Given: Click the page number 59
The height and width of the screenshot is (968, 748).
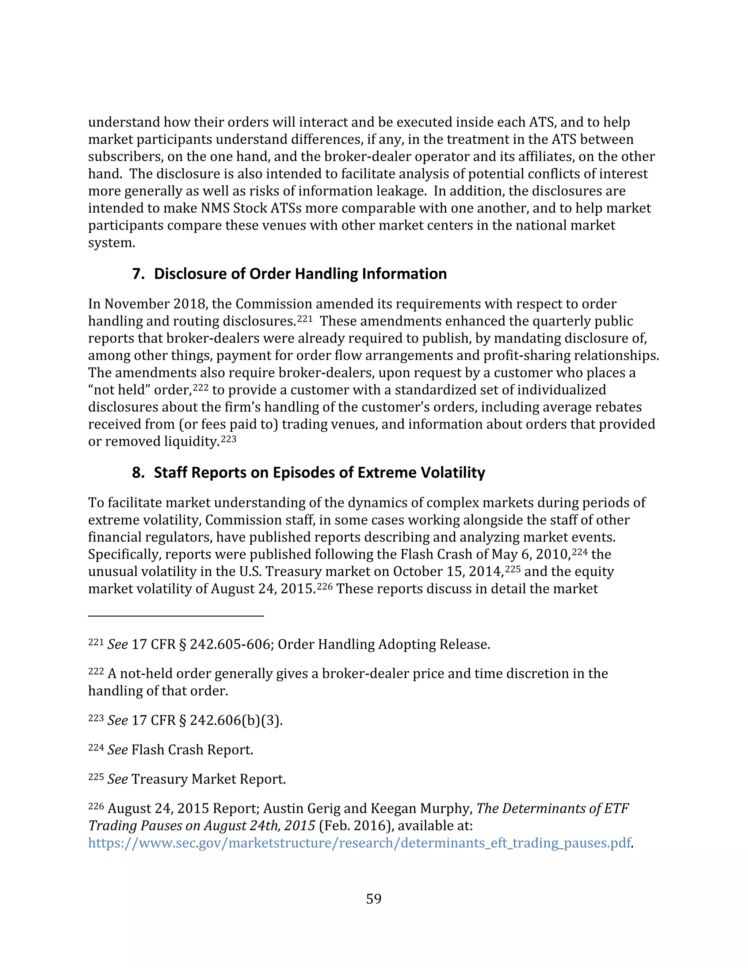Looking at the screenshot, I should pyautogui.click(x=374, y=899).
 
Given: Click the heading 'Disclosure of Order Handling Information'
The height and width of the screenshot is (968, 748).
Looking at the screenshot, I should pyautogui.click(x=300, y=274).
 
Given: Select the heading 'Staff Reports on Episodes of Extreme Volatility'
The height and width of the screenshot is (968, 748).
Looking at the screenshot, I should pyautogui.click(x=319, y=472).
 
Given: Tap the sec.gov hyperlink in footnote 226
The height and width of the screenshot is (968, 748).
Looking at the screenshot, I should pyautogui.click(x=359, y=843).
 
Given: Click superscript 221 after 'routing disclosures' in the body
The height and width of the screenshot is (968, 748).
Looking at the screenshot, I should pyautogui.click(x=305, y=317).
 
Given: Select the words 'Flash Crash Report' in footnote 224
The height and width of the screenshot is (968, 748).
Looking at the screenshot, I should pyautogui.click(x=191, y=750).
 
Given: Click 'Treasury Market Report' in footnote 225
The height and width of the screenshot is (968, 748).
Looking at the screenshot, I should pyautogui.click(x=208, y=779).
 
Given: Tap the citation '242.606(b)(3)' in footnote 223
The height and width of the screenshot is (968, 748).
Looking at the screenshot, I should pyautogui.click(x=236, y=720).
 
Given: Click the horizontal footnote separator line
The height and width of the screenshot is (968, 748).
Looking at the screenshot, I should pyautogui.click(x=176, y=616).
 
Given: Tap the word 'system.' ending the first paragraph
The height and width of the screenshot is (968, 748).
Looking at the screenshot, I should pyautogui.click(x=111, y=243).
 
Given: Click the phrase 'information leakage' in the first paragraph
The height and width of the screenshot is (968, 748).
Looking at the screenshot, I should pyautogui.click(x=362, y=191).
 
